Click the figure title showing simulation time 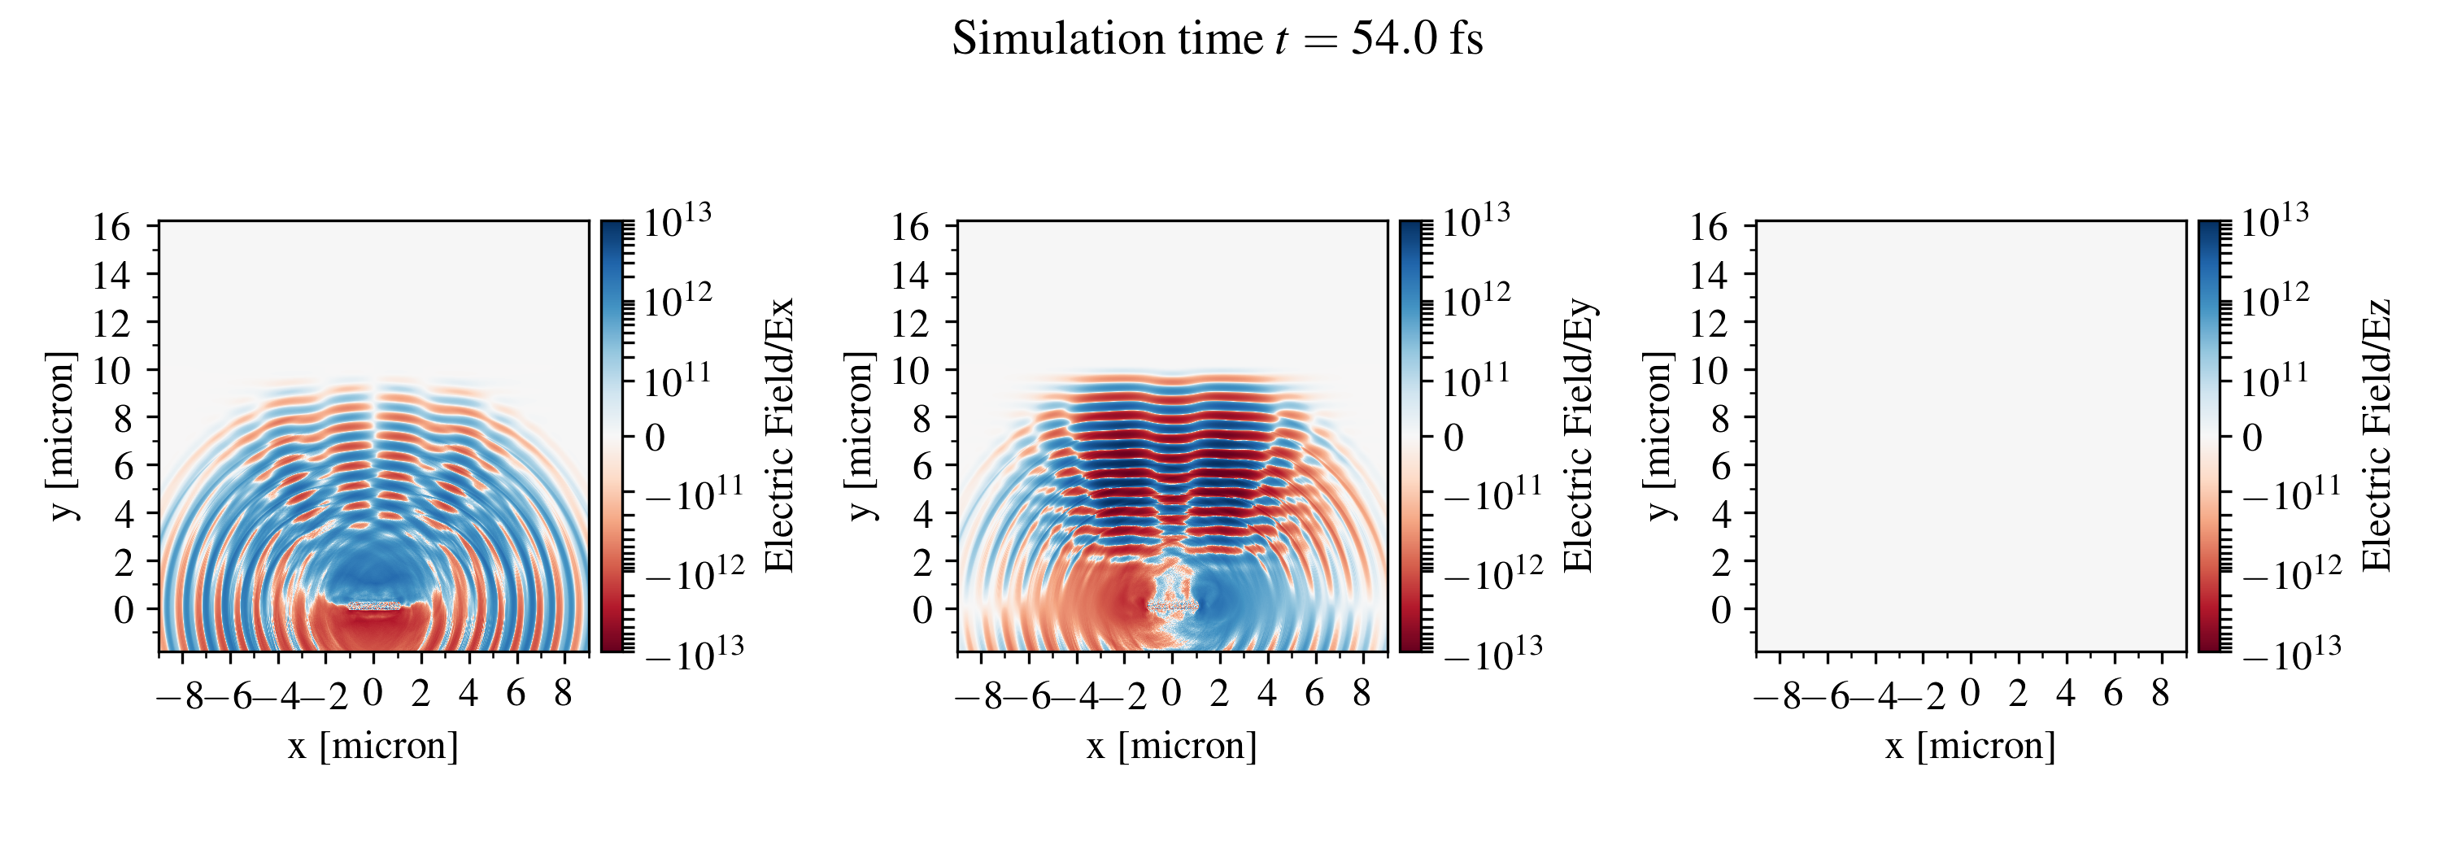[x=1218, y=40]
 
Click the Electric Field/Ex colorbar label [x=778, y=435]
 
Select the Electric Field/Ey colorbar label [x=1578, y=435]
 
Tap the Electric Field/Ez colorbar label [x=2377, y=435]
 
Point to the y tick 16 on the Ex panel [x=111, y=227]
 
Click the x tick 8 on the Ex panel [x=563, y=694]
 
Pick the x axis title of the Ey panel [x=1172, y=746]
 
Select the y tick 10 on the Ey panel [x=909, y=371]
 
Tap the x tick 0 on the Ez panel [x=1970, y=694]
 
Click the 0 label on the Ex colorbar [x=655, y=438]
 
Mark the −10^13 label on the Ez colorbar [x=2291, y=653]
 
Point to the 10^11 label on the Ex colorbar [x=678, y=381]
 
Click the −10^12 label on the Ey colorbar [x=1492, y=573]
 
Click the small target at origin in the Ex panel [x=373, y=605]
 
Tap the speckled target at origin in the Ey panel [x=1173, y=605]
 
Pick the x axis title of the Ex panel [x=373, y=746]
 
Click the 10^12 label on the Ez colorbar [x=2274, y=301]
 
